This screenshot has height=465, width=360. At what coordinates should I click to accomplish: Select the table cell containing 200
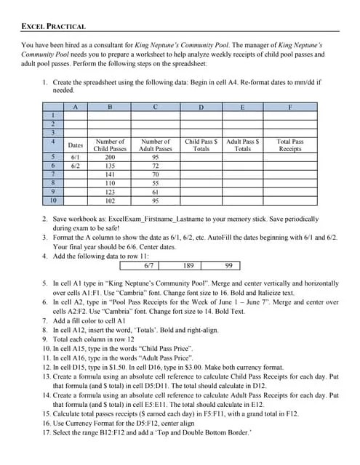(110, 157)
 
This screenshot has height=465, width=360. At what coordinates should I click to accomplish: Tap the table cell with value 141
(110, 174)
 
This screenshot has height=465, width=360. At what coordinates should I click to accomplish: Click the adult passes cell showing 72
(156, 166)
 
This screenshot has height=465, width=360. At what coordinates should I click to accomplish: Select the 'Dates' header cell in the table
(75, 145)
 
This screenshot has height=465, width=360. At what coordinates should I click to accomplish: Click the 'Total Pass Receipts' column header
(290, 145)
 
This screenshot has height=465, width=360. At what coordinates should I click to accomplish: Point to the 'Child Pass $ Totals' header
(201, 145)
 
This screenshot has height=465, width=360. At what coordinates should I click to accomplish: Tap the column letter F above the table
(290, 107)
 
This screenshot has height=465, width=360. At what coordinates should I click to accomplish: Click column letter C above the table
(156, 107)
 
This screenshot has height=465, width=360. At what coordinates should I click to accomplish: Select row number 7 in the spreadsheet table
(52, 174)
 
